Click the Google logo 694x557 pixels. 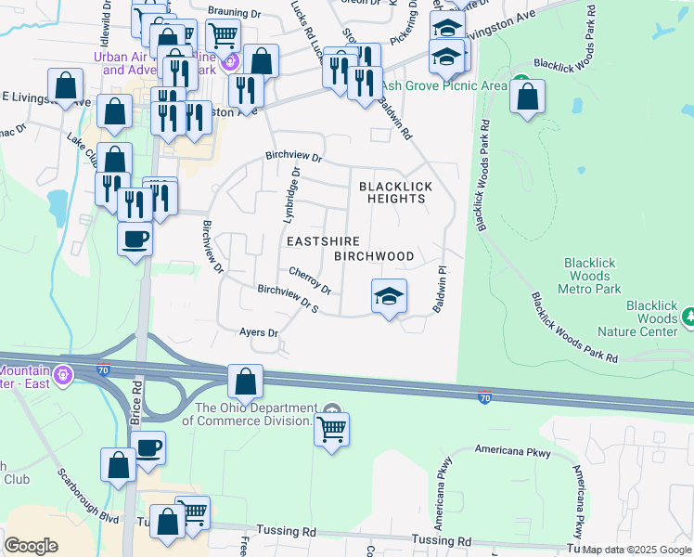(31, 546)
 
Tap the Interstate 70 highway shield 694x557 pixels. (484, 397)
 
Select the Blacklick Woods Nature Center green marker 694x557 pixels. (688, 318)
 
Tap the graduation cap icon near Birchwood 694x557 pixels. (389, 296)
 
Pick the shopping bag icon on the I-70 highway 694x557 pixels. (245, 382)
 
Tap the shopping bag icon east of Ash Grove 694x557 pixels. (527, 97)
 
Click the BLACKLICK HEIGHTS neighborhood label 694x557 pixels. (396, 192)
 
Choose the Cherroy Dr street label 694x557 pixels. (310, 278)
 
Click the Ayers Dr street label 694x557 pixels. (259, 331)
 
